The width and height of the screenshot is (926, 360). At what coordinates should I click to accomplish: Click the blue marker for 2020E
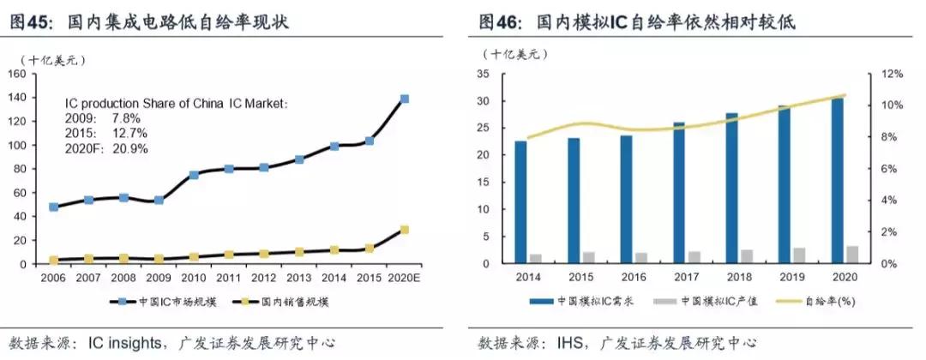point(405,99)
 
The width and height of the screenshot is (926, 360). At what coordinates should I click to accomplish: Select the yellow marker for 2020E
point(405,230)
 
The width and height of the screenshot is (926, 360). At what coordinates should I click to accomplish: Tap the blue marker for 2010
point(194,175)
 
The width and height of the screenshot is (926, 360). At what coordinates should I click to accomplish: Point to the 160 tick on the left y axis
point(17,74)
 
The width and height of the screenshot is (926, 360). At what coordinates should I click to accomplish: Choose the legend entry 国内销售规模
point(290,301)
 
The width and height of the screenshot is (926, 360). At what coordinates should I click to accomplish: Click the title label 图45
point(27,22)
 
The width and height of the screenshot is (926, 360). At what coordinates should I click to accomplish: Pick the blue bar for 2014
point(520,202)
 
